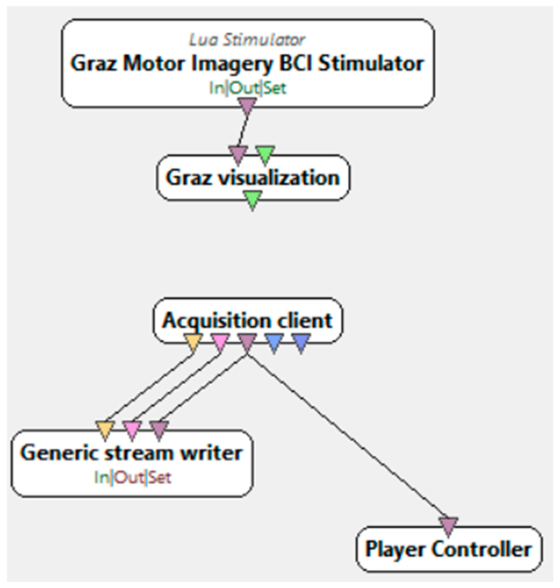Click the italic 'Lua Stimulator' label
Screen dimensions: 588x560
247,40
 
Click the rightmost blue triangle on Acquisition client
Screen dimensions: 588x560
301,342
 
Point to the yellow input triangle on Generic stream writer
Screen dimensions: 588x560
105,430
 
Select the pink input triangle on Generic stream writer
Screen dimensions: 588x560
132,430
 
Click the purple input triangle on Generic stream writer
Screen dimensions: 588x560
159,430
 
